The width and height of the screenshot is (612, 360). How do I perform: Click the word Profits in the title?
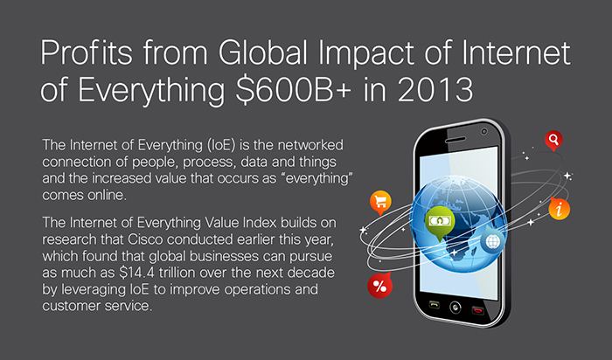[x=87, y=52]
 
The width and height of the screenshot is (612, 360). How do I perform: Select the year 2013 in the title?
[x=435, y=89]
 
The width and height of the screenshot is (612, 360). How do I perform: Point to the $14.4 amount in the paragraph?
[x=137, y=273]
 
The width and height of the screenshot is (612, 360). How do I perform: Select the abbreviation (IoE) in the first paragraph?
[x=219, y=145]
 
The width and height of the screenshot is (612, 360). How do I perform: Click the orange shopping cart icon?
[x=380, y=203]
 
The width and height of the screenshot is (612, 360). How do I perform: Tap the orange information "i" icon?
[x=560, y=209]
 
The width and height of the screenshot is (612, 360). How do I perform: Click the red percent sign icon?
[x=379, y=287]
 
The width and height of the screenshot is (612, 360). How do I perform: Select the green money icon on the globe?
[x=440, y=222]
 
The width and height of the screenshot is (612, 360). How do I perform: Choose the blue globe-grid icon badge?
[x=492, y=241]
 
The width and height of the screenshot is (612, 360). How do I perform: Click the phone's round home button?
[x=456, y=307]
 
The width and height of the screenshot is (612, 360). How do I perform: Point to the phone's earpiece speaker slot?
[x=456, y=140]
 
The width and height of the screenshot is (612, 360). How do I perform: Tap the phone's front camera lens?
[x=484, y=132]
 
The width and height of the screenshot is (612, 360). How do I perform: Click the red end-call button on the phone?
[x=477, y=311]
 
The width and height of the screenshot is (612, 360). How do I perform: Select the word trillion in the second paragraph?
[x=177, y=273]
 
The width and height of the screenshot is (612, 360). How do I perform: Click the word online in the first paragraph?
[x=107, y=195]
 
